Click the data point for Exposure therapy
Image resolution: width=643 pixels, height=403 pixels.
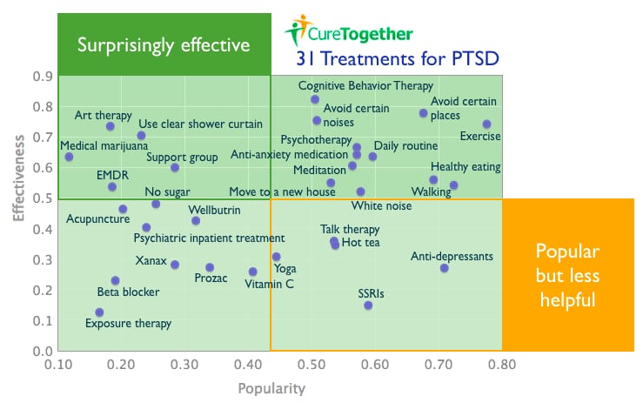[99, 312]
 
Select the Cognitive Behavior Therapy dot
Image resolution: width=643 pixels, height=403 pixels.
[315, 99]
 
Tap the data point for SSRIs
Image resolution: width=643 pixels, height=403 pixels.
[368, 306]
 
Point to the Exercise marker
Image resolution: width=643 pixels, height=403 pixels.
[486, 124]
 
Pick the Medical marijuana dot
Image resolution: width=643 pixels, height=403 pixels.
[69, 157]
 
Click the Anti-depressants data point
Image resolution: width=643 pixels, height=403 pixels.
[444, 268]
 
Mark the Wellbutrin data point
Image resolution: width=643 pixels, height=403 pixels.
[196, 220]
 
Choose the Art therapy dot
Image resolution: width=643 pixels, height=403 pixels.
[111, 126]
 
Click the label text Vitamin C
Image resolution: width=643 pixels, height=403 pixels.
[269, 284]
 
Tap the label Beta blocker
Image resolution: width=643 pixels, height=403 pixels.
[128, 292]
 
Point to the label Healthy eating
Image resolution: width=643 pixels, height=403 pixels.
[466, 167]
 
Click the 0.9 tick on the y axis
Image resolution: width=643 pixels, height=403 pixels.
[42, 77]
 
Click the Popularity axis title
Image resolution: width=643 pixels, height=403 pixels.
[271, 388]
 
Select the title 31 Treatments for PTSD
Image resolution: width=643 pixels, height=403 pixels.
[399, 59]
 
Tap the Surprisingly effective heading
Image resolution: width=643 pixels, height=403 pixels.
[164, 44]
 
